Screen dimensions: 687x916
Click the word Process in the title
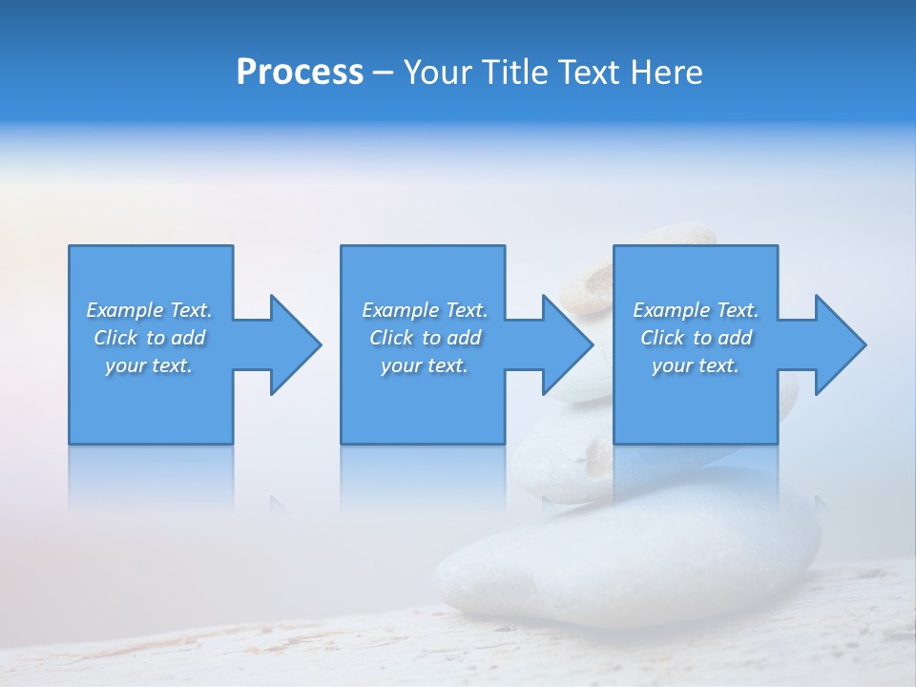300,73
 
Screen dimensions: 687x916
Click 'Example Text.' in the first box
149,310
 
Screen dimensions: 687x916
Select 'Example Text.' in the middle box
425,310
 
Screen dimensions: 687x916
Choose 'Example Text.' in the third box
696,310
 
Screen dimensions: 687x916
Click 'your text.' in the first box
149,365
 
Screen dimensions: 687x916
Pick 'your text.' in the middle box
425,365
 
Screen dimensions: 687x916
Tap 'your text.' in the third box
696,365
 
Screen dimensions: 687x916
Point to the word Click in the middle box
391,338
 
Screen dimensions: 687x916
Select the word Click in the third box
662,338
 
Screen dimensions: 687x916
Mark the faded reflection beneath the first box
151,477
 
